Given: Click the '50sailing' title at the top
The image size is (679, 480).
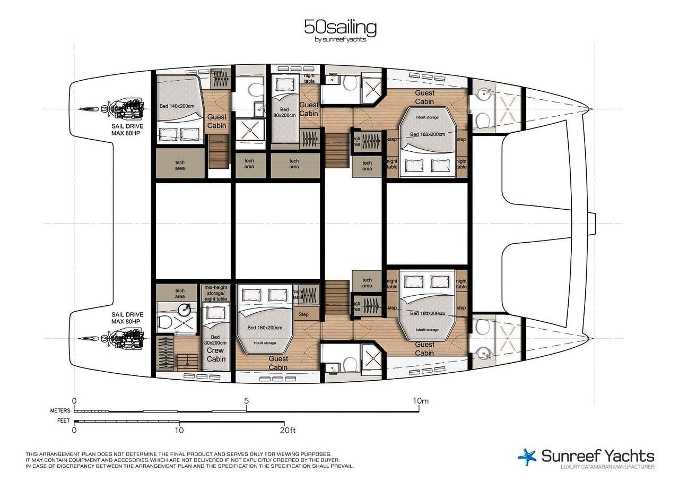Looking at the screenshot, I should [x=340, y=27].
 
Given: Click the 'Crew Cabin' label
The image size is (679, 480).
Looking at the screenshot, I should [x=216, y=355].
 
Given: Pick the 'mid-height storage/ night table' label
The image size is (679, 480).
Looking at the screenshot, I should [x=216, y=294].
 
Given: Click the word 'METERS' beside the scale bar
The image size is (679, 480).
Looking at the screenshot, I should [x=60, y=410].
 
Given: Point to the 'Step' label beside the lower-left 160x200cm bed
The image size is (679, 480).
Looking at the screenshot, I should [x=303, y=314].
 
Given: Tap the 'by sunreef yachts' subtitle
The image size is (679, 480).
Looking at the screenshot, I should [x=340, y=39].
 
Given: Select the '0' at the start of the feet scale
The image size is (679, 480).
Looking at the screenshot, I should [x=74, y=430].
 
